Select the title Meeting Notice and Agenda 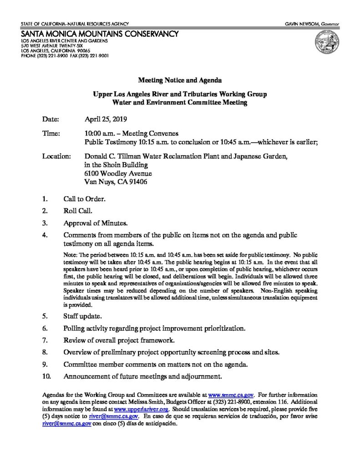pyautogui.click(x=180, y=80)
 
